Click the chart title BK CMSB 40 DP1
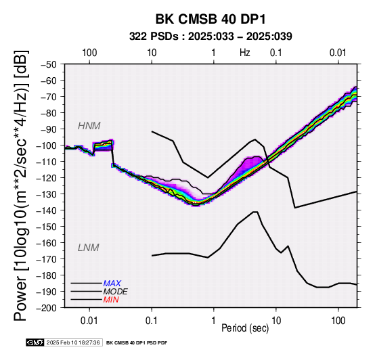click(211, 19)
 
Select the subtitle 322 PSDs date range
click(211, 37)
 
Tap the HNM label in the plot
click(89, 126)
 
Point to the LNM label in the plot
click(88, 248)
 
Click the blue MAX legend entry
click(112, 284)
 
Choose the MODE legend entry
click(115, 292)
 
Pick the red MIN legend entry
click(111, 300)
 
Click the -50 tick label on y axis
click(49, 64)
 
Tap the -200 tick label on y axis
click(47, 308)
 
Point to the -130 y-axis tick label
click(47, 194)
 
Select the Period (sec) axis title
click(245, 328)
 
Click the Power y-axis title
click(21, 185)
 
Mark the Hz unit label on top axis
click(244, 53)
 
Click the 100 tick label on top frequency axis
click(89, 53)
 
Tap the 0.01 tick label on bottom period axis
click(89, 321)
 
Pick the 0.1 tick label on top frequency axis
click(276, 53)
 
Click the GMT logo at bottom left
click(35, 342)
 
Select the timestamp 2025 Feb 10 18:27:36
click(73, 342)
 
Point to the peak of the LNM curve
click(255, 212)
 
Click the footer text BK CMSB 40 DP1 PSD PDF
click(137, 343)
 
